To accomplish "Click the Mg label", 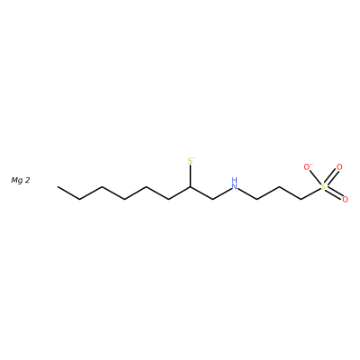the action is click(x=18, y=180).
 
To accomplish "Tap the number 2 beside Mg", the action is click(x=27, y=180).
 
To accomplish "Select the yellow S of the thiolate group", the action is click(x=190, y=161).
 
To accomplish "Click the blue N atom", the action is click(x=235, y=186).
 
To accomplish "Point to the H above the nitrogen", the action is click(x=235, y=180).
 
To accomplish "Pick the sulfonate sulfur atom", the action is click(x=323, y=186).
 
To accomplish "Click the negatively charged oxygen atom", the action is click(x=307, y=167).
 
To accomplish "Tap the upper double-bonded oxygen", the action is click(x=339, y=167).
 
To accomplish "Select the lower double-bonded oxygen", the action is click(x=345, y=199).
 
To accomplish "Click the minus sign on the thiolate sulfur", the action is click(x=194, y=157).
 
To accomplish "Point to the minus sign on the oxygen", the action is click(x=311, y=164).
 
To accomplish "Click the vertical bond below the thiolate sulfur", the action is click(x=190, y=176).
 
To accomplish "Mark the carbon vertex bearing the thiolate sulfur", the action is click(x=190, y=186).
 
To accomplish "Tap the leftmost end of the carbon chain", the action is click(x=58, y=186).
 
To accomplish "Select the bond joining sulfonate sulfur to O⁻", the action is click(x=315, y=177).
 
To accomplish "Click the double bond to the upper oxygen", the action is click(x=330, y=177).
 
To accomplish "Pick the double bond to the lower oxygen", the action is click(x=334, y=193).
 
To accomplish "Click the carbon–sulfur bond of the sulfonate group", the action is click(x=310, y=193).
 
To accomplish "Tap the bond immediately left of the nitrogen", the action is click(x=222, y=193).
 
